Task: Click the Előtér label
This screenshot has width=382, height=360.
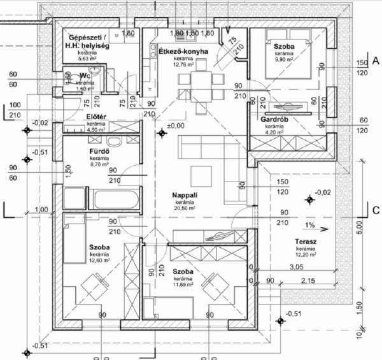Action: point(95,117)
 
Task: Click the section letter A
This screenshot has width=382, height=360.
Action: point(376,61)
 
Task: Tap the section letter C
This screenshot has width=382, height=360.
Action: point(376,209)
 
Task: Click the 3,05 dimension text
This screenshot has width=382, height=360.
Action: point(295,267)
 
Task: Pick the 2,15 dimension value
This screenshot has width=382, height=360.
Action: point(308,280)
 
